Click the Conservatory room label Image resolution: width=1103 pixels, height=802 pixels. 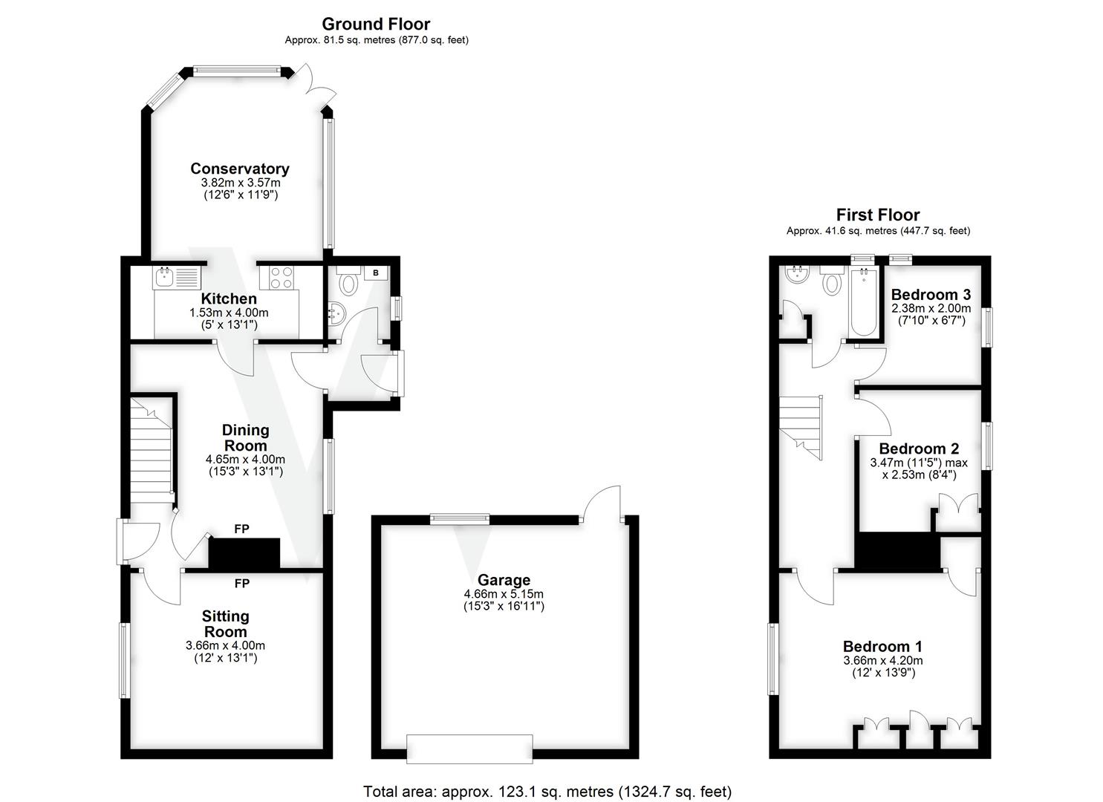click(239, 169)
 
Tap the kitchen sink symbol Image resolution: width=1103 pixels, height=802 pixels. click(177, 278)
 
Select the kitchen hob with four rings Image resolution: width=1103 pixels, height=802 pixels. click(280, 278)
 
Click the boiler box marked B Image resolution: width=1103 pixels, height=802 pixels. click(376, 273)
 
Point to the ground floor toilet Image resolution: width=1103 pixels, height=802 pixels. click(347, 284)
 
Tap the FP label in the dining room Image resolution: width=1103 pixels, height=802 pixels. click(241, 529)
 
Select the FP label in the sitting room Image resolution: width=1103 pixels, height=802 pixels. click(241, 584)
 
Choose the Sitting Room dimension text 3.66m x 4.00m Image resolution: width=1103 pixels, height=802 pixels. click(225, 645)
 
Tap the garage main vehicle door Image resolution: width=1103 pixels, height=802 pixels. click(469, 749)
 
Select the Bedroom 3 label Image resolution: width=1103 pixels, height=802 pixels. click(931, 295)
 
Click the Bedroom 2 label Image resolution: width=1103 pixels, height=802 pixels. click(919, 449)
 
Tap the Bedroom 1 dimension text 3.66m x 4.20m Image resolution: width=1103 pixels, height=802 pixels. click(883, 660)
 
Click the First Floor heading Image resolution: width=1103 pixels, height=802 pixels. click(878, 215)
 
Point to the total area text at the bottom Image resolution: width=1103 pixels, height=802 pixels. click(547, 791)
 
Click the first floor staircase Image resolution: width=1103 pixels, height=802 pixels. click(801, 426)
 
